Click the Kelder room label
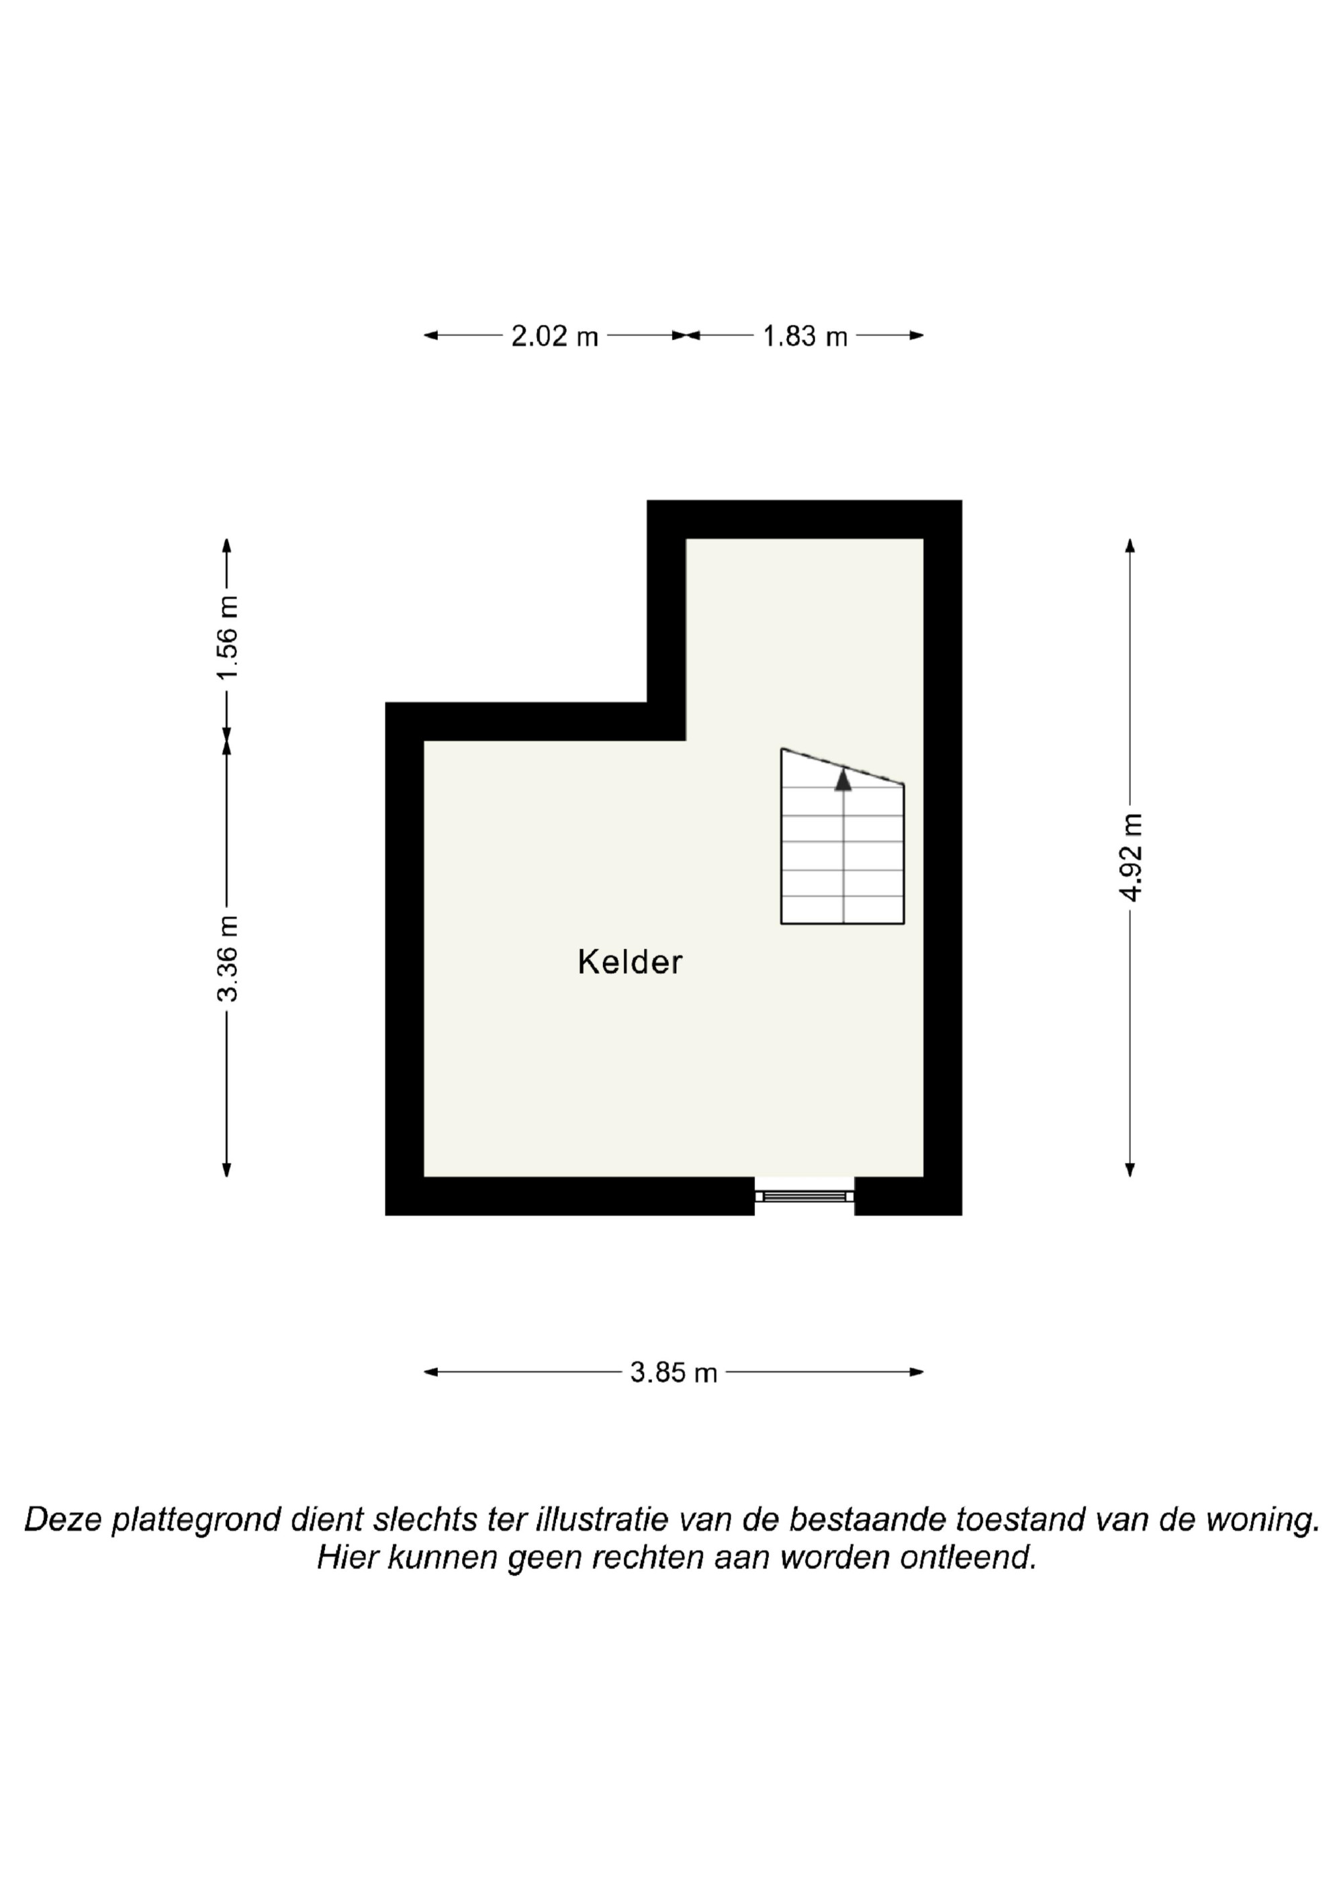tap(630, 962)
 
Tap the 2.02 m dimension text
tap(555, 336)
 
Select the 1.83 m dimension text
tap(805, 336)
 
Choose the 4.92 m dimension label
tap(1130, 857)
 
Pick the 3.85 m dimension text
tap(674, 1373)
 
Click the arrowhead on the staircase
tap(843, 780)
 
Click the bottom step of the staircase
tap(842, 910)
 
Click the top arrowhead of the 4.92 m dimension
tap(1130, 545)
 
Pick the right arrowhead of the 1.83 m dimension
tap(916, 335)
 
